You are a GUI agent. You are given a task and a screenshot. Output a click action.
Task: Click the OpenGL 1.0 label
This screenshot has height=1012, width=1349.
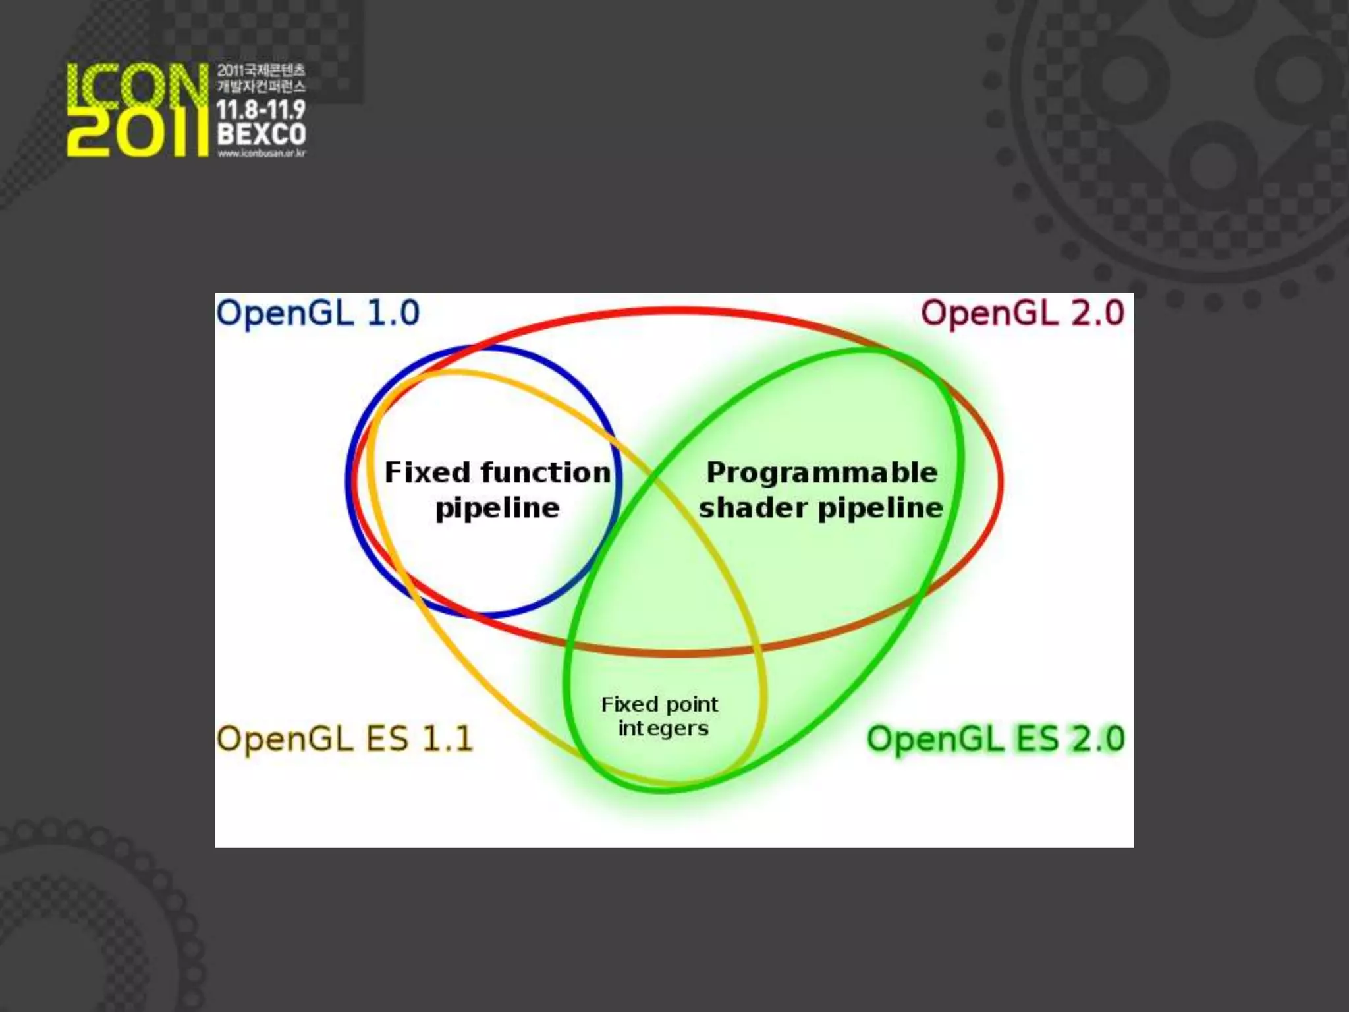[x=317, y=313]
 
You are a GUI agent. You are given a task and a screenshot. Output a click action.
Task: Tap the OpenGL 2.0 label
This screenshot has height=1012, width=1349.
[x=1022, y=313]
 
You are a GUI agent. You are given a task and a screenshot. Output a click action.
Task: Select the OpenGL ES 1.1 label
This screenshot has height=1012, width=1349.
[x=344, y=739]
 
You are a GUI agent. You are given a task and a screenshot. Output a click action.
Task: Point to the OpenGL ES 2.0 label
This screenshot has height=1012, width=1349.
[x=995, y=739]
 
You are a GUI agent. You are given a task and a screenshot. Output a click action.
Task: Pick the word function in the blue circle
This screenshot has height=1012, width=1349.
[x=545, y=472]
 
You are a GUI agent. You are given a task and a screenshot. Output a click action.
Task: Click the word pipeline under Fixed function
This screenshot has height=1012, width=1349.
[x=497, y=508]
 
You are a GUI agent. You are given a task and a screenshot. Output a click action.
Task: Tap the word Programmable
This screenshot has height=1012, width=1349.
[x=821, y=472]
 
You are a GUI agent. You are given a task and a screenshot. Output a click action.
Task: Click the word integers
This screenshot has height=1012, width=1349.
[x=663, y=729]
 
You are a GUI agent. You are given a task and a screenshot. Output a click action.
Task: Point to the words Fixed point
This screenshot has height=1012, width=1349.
[x=659, y=704]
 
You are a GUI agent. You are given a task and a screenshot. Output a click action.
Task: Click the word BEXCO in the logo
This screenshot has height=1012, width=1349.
[x=262, y=134]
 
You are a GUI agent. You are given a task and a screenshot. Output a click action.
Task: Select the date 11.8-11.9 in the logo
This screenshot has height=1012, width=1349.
[x=262, y=110]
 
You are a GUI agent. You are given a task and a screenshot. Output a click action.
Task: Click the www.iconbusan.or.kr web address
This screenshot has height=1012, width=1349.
[x=262, y=154]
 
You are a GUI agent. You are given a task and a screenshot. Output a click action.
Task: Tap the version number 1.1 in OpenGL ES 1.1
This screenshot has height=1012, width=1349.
[x=447, y=739]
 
